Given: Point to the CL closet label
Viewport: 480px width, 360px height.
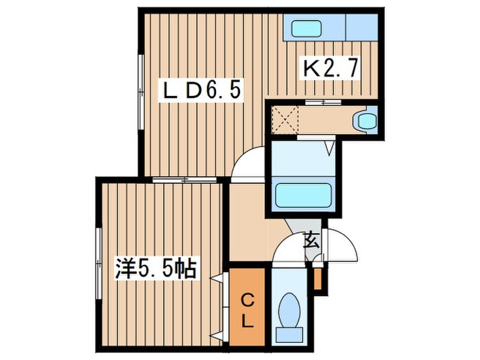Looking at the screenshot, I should [246, 310].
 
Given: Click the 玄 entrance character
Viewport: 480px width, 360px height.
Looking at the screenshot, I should [310, 241].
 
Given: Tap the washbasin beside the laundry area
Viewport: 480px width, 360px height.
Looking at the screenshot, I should [363, 121].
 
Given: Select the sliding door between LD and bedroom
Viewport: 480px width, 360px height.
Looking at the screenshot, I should [185, 180].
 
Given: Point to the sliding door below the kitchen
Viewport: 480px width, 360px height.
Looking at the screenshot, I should [322, 102].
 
